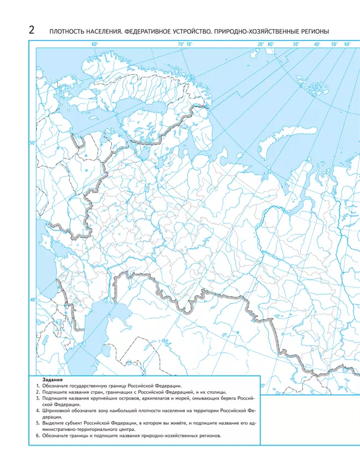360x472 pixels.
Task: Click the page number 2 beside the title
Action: (31, 31)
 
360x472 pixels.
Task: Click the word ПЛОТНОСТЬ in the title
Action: (66, 32)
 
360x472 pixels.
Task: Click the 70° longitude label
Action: (181, 44)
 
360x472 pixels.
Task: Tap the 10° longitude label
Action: (189, 44)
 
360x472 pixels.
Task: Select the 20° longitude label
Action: (260, 44)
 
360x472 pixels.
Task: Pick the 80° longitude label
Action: (271, 44)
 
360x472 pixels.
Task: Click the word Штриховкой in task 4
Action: (54, 411)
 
